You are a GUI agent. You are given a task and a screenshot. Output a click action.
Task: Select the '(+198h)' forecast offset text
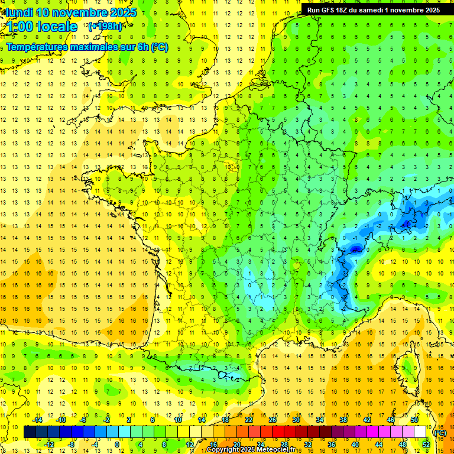(x=105, y=27)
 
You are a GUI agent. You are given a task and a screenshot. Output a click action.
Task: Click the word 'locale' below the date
(x=57, y=27)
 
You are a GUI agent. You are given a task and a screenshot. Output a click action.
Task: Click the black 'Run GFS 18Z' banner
(x=377, y=9)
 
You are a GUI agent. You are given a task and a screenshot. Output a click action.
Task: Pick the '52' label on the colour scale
(x=426, y=445)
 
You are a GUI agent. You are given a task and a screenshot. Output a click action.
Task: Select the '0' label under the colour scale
(x=117, y=445)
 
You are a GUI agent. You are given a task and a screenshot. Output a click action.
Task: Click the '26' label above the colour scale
(x=273, y=420)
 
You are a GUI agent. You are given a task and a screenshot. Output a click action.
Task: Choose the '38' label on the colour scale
(x=343, y=420)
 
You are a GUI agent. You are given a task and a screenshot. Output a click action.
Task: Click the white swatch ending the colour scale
(x=420, y=432)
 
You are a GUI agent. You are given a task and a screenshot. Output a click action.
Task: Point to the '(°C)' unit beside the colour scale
(x=440, y=432)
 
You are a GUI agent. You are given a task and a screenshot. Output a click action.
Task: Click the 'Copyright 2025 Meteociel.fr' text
(x=251, y=450)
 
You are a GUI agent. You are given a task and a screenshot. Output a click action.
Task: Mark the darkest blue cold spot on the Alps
(x=355, y=249)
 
